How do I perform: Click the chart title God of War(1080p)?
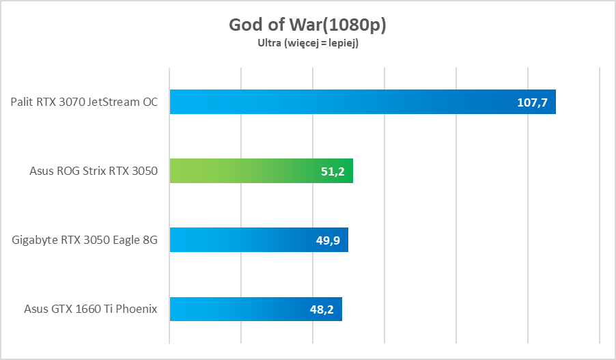307,25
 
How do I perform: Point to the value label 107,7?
533,102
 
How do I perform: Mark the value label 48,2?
322,309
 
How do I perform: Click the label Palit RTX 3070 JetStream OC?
84,102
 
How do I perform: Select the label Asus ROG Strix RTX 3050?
94,171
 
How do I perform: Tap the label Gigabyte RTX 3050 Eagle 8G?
85,240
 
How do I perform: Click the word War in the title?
303,25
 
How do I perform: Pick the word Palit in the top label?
22,102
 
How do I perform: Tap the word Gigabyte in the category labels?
34,240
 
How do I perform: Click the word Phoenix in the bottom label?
138,309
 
